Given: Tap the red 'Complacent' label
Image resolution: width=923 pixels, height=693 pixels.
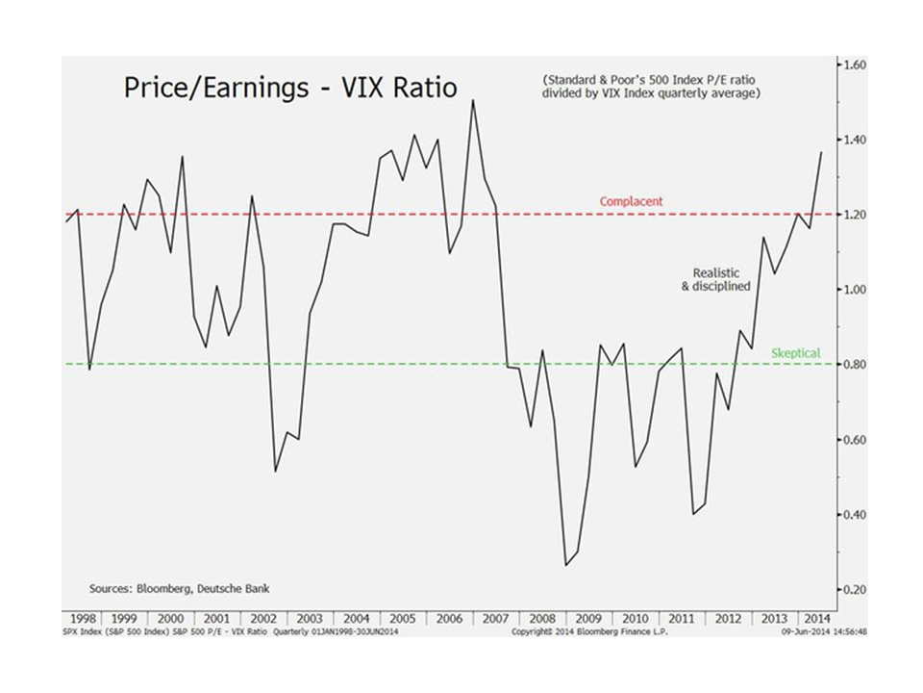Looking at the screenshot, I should coord(631,202).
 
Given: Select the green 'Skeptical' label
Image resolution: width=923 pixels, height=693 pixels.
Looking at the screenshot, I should coord(796,353).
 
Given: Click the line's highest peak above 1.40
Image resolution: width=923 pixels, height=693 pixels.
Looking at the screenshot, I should coord(473,100).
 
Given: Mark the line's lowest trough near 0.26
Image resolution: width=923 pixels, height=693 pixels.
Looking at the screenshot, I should coord(565,565).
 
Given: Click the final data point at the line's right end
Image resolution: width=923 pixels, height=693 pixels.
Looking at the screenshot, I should coord(822,152).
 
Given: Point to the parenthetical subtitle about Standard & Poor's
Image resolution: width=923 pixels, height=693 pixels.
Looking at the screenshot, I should coord(652,87).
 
